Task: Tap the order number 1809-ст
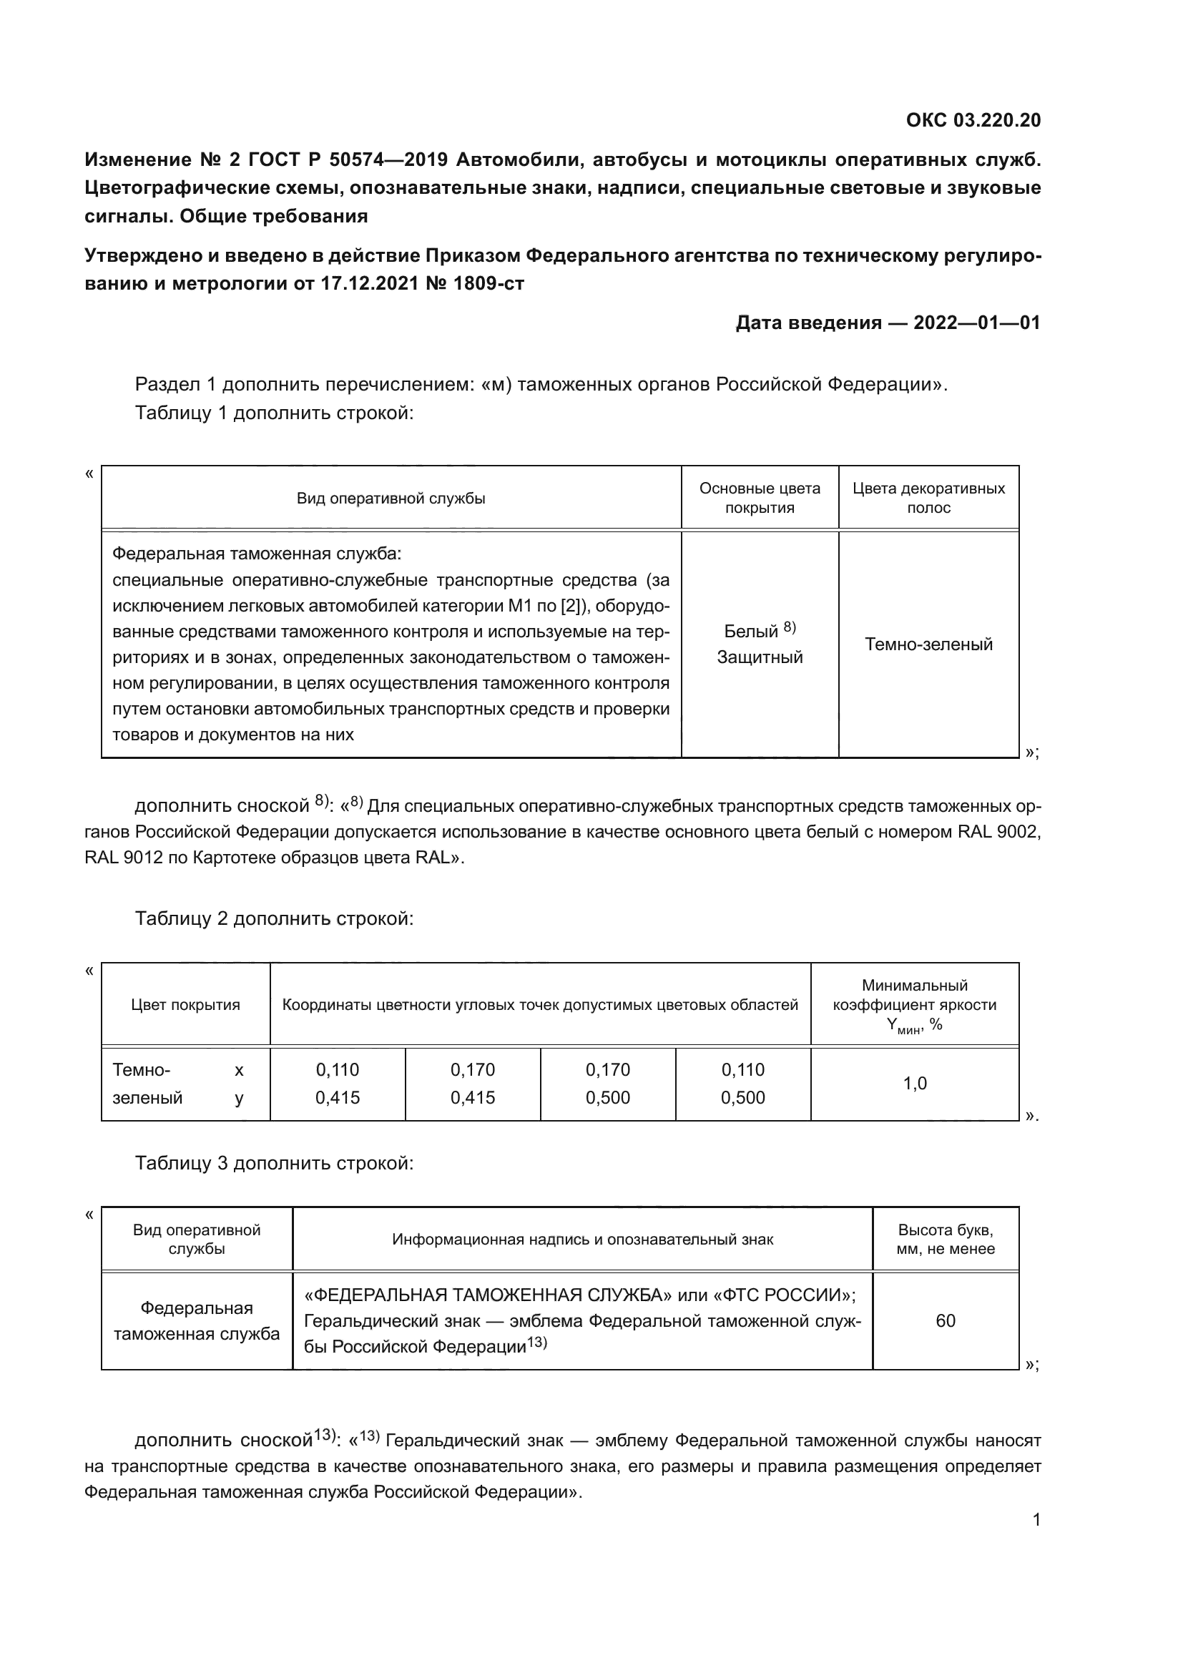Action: (488, 283)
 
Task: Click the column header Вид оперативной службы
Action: (391, 499)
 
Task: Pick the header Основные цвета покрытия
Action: (759, 499)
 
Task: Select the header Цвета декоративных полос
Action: (928, 499)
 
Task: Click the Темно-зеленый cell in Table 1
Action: (928, 644)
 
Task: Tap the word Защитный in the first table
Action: (759, 657)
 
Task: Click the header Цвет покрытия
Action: (185, 1005)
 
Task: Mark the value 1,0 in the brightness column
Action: (914, 1084)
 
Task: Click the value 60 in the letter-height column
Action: (945, 1320)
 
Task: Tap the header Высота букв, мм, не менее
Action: (945, 1240)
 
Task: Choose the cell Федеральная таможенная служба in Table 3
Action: (197, 1320)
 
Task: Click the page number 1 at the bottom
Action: (1036, 1520)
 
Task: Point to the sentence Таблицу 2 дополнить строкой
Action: (274, 919)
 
